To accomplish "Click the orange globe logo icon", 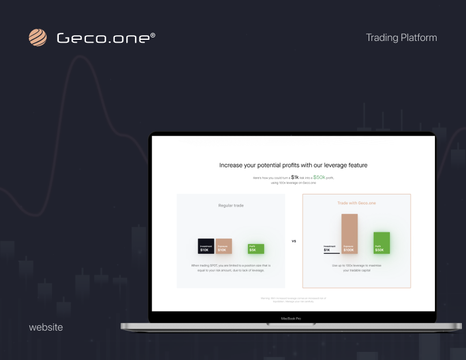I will pos(37,37).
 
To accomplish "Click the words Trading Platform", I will pos(401,38).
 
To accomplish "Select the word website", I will pos(46,327).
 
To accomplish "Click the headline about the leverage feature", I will pos(293,166).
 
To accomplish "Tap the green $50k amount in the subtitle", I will pos(319,178).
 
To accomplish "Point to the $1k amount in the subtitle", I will pos(295,178).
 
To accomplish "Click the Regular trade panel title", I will pos(231,205).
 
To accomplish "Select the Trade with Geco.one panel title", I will pos(356,203).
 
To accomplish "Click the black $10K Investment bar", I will pos(206,246).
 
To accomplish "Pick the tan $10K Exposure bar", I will pos(224,246).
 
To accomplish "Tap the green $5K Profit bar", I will pos(256,249).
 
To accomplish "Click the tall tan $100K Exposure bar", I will pos(349,234).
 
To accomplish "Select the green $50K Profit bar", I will pos(381,243).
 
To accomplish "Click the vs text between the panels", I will pos(294,241).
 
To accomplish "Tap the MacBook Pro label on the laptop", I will pos(291,318).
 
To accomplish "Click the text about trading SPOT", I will pos(231,268).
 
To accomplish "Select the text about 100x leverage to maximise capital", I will pos(356,268).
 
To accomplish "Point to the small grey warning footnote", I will pos(293,299).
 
